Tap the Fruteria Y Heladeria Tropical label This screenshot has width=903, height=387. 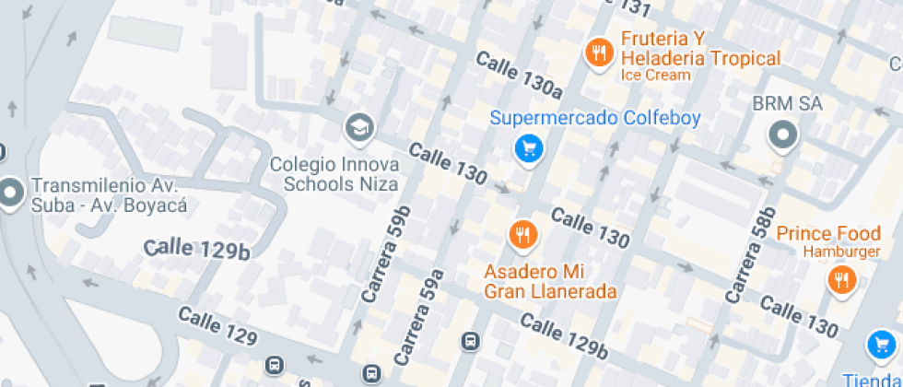point(700,49)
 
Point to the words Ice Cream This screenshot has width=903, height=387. point(654,76)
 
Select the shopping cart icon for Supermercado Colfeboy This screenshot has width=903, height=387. point(528,148)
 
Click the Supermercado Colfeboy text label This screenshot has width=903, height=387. point(595,118)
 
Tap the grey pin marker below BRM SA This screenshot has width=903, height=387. point(783,136)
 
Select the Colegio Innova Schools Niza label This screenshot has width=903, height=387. point(334,174)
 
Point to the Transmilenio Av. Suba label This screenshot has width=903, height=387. point(109,193)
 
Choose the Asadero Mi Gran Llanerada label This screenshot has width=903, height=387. point(551,282)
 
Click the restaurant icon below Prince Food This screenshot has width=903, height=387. point(841,279)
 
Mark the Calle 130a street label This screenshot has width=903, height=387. point(519,75)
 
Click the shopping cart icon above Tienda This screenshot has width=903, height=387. point(883,346)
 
